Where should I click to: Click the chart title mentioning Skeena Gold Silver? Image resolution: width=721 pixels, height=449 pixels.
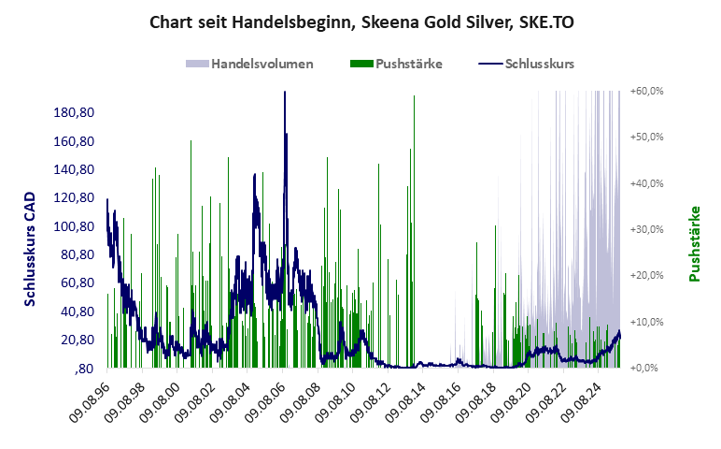click(x=360, y=22)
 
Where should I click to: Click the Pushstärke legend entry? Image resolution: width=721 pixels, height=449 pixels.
click(x=397, y=65)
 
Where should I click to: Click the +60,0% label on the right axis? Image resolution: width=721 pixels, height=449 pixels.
click(x=646, y=91)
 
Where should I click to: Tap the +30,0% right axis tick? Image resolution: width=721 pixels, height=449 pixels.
click(x=646, y=229)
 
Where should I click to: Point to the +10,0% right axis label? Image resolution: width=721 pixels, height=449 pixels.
click(x=646, y=322)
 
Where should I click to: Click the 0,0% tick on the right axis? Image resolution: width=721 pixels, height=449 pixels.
click(x=648, y=368)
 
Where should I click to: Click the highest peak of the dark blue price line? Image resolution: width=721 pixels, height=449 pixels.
click(x=285, y=93)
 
